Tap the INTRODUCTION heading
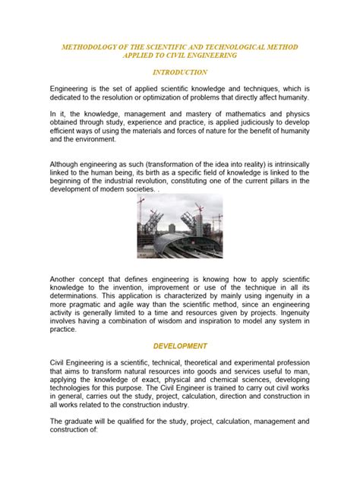pos(180,72)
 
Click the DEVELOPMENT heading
pos(180,345)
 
